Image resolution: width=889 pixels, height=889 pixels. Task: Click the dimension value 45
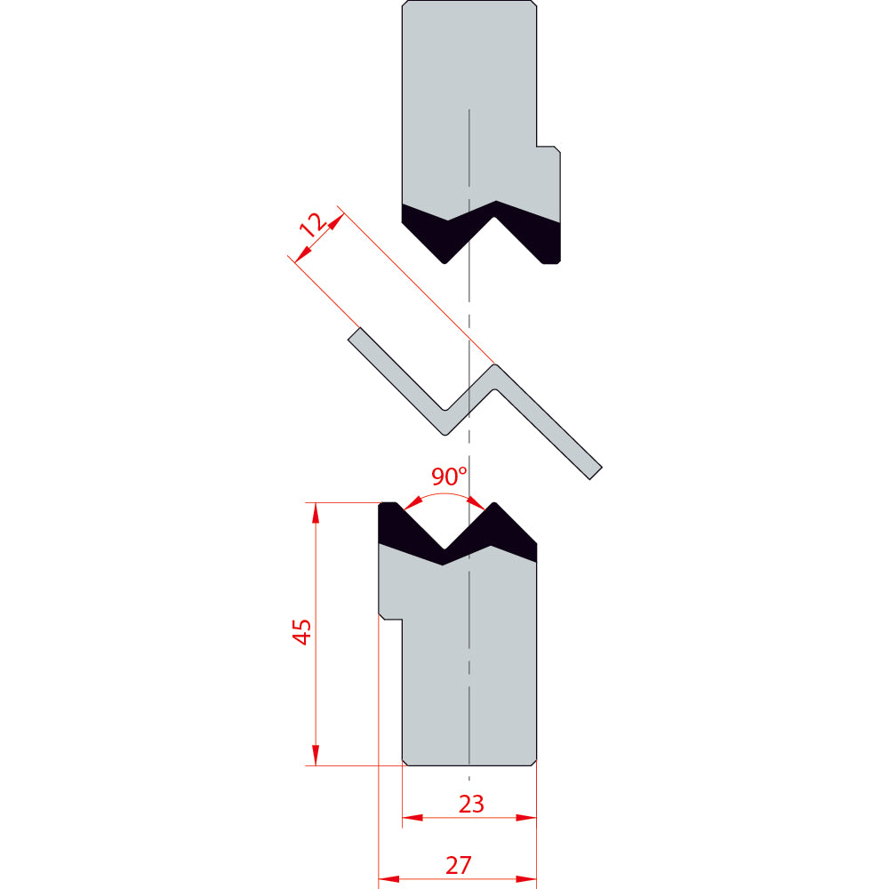pos(302,631)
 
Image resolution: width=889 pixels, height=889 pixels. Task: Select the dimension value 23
pos(471,804)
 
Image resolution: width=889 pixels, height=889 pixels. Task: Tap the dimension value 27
pos(459,865)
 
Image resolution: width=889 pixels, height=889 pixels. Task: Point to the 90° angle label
pos(449,477)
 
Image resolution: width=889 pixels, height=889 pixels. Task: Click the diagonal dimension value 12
pos(313,225)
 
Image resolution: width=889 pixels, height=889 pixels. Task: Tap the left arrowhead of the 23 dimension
pos(412,818)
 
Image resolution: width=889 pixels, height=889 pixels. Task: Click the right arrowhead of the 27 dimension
pos(526,879)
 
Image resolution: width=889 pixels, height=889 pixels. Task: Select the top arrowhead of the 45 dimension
pos(316,513)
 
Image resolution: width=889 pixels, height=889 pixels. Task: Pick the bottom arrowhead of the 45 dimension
pos(316,755)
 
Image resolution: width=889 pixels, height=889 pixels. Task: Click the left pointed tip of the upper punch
pos(445,262)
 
